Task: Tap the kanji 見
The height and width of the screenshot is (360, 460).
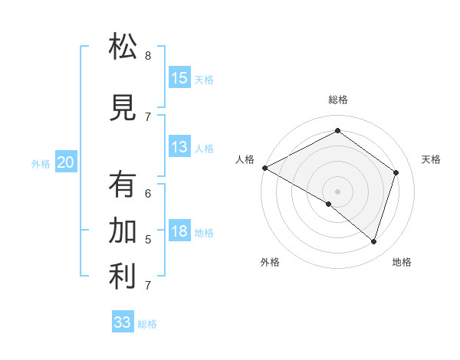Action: [x=123, y=107]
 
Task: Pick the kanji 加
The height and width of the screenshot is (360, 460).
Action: [x=123, y=231]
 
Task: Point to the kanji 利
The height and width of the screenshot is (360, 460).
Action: [x=123, y=277]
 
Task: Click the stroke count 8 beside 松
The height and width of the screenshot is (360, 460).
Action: [x=148, y=55]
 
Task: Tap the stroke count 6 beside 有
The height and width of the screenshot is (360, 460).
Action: [x=148, y=194]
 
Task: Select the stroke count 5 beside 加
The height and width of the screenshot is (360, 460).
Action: [x=148, y=240]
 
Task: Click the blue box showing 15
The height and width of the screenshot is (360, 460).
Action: [x=179, y=78]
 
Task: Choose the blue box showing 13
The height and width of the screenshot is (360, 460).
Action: [x=179, y=147]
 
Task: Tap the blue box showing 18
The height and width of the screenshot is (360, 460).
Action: [x=179, y=231]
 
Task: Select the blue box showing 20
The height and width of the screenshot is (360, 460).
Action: [x=66, y=162]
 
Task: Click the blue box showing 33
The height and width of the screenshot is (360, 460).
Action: [x=123, y=322]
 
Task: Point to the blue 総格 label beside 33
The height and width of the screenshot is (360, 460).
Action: [x=148, y=324]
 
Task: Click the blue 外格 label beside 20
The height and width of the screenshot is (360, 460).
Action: [x=41, y=163]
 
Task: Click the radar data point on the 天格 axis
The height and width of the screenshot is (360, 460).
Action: [x=396, y=172]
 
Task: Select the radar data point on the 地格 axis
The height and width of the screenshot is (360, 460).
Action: [x=373, y=241]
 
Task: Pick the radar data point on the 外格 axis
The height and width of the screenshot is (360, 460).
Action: [x=329, y=204]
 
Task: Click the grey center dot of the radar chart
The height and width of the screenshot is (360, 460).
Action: [x=337, y=190]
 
